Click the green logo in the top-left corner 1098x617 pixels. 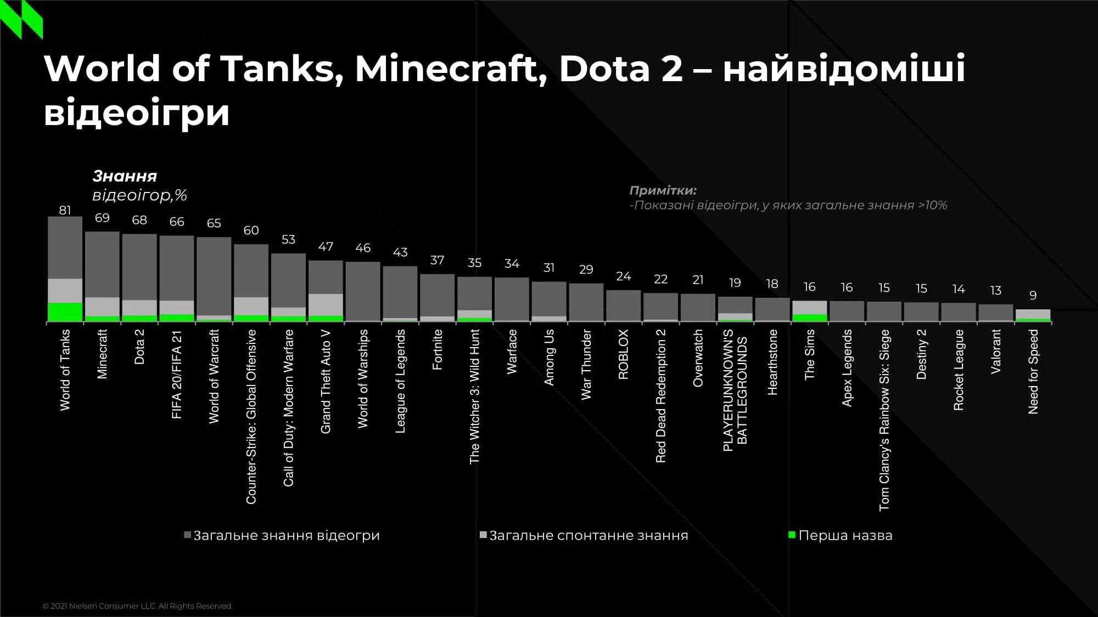point(21,20)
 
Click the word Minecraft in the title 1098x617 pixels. point(446,70)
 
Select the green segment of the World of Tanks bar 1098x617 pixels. point(65,312)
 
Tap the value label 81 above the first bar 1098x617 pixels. point(65,210)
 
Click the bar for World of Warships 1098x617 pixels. point(363,291)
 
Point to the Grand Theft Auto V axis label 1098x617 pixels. point(326,381)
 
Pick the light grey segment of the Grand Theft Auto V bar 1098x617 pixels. point(326,304)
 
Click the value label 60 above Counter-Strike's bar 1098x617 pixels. point(251,230)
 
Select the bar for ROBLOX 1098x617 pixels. point(623,305)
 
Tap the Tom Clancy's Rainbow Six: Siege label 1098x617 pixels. point(884,420)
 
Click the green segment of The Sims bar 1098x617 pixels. point(809,317)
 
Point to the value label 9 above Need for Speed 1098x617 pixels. point(1033,296)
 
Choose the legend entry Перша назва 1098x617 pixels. point(844,535)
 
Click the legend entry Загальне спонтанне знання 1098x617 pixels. point(587,535)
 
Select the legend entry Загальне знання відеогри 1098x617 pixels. point(285,535)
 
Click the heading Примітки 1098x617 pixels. point(663,190)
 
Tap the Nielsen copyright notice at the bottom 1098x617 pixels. point(137,606)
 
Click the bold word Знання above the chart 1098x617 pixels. point(125,176)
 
